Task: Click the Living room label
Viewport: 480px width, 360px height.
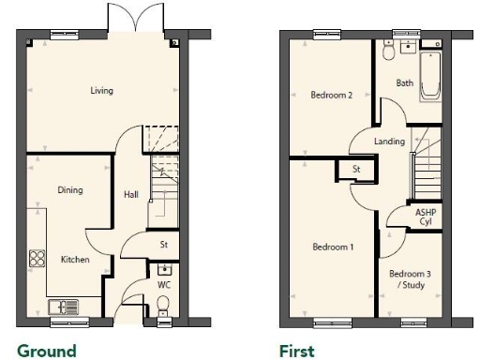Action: coord(101,91)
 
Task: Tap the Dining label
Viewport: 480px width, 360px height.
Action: coord(70,190)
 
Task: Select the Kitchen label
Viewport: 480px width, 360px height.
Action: coord(75,259)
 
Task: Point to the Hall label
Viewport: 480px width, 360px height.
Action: coord(131,195)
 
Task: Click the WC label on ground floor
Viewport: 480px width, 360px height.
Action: coord(163,282)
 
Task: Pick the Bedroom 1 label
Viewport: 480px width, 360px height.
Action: coord(333,247)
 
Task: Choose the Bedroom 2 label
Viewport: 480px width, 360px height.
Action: coord(331,95)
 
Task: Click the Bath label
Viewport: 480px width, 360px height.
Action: coord(404,82)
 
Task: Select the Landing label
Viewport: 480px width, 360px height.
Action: coord(389,142)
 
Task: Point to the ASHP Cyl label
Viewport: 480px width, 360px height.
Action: coord(425,217)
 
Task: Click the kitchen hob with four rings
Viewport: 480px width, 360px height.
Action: coord(38,257)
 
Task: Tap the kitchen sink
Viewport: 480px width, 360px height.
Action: coord(63,305)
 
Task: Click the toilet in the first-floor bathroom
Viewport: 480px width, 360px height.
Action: coord(388,52)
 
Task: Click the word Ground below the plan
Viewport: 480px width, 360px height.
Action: coord(46,352)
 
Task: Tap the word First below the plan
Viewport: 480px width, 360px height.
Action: coord(295,352)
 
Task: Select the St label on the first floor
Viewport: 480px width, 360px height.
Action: coord(356,169)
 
